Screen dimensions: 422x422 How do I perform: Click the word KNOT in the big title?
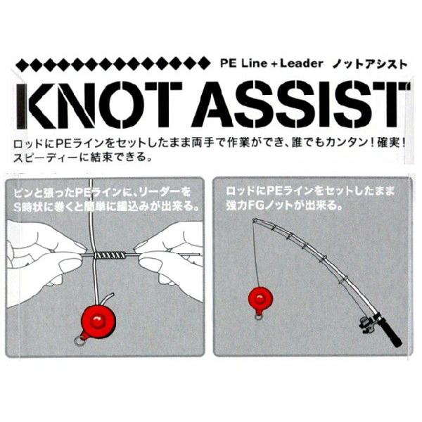pyautogui.click(x=99, y=105)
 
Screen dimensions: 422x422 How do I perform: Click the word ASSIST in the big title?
pyautogui.click(x=300, y=105)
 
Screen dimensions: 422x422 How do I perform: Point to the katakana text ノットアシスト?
pyautogui.click(x=370, y=64)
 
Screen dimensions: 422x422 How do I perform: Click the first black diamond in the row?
pyautogui.click(x=22, y=64)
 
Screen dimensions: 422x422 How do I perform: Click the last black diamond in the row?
pyautogui.click(x=204, y=63)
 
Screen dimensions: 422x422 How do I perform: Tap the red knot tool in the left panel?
pyautogui.click(x=98, y=322)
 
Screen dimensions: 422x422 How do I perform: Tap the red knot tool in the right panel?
pyautogui.click(x=260, y=300)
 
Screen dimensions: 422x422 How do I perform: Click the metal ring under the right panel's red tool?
pyautogui.click(x=259, y=317)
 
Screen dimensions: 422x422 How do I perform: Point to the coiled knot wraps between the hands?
pyautogui.click(x=110, y=255)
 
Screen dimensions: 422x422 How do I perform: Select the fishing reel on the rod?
pyautogui.click(x=367, y=324)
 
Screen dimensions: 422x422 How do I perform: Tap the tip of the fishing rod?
pyautogui.click(x=253, y=220)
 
